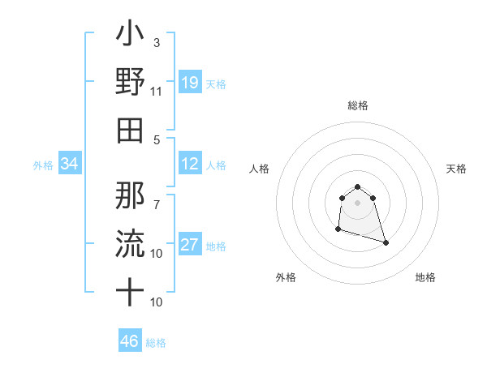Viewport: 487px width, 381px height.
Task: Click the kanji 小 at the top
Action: [x=130, y=35]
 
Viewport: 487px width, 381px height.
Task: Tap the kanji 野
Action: [x=130, y=83]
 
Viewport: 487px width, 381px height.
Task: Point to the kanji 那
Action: [x=130, y=194]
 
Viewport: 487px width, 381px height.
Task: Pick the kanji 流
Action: [x=130, y=242]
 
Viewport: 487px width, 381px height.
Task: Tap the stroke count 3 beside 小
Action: [x=157, y=42]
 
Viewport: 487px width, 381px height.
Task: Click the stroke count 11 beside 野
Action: [x=157, y=91]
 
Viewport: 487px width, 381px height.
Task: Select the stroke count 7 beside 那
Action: [x=157, y=197]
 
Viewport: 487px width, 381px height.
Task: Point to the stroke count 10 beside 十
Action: [x=157, y=302]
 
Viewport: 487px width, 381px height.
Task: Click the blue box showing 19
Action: [x=189, y=83]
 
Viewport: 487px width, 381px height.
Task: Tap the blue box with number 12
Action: [x=189, y=164]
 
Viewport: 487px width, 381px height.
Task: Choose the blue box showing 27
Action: [x=189, y=245]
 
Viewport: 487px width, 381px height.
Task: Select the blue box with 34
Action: [x=69, y=164]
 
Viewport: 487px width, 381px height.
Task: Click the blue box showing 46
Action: [x=129, y=340]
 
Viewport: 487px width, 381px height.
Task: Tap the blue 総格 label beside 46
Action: [x=156, y=343]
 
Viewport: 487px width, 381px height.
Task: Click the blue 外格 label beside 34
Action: [x=43, y=165]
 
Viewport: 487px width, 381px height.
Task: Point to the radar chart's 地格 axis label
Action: [x=425, y=277]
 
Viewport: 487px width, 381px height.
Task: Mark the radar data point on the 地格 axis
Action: [x=386, y=242]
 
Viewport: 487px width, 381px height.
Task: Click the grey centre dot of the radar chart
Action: [x=357, y=203]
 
